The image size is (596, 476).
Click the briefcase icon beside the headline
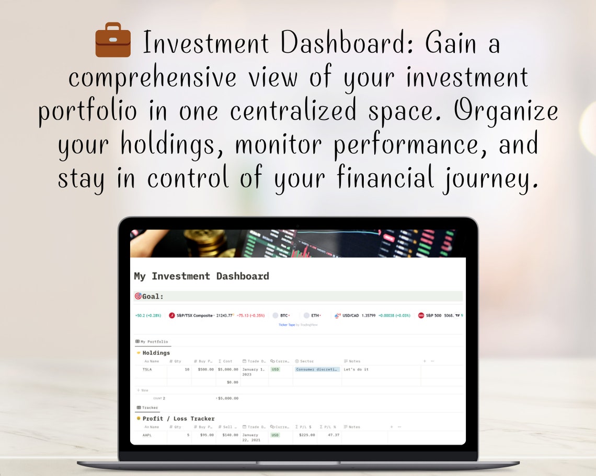tap(113, 40)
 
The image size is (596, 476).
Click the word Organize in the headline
tap(506, 111)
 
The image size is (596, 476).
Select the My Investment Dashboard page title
tap(201, 276)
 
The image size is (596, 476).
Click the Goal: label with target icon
tap(150, 296)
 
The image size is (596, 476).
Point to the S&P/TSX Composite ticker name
tap(194, 316)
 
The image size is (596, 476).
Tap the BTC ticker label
tap(284, 316)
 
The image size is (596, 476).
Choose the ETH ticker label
tap(315, 316)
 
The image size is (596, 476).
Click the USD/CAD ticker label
tap(350, 316)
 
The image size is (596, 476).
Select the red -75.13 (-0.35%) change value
tap(250, 316)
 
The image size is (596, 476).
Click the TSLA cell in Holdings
tap(147, 370)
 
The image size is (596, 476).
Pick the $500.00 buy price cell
tap(205, 370)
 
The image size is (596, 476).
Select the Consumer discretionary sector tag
tap(317, 370)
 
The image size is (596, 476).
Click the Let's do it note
tap(356, 370)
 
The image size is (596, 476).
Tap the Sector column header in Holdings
tap(307, 361)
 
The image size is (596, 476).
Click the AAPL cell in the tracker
tap(147, 435)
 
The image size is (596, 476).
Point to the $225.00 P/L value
tap(307, 435)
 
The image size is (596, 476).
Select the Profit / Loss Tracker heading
tap(178, 419)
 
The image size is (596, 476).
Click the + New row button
tap(143, 390)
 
